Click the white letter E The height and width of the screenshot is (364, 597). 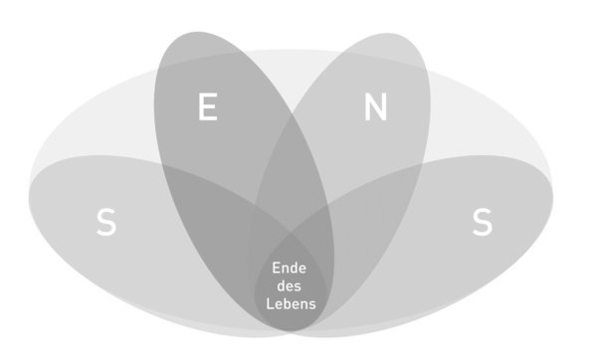pos(208,106)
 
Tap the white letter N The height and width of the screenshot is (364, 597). pos(376,107)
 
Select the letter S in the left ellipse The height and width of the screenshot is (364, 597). pos(105,222)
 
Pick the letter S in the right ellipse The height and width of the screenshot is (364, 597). pos(482,222)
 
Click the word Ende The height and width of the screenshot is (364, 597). pos(289,269)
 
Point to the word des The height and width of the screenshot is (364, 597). pos(289,286)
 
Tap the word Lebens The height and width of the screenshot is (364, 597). pos(291,304)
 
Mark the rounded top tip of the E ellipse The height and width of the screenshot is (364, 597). pos(196,32)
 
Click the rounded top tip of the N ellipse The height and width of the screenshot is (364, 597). pos(388,34)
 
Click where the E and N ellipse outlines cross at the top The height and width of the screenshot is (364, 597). pos(293,113)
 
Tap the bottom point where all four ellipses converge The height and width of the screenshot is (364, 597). pos(292,332)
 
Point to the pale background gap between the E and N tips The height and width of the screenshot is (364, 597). pos(291,73)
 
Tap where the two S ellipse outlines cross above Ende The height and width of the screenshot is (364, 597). pos(291,231)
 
